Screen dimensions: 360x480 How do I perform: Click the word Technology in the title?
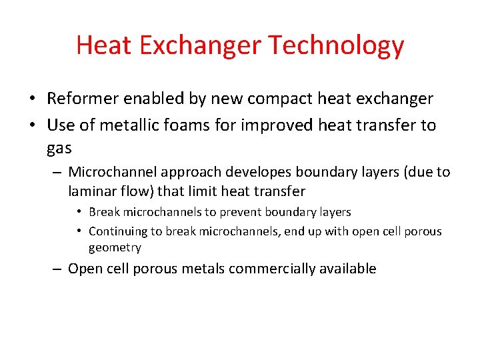[336, 46]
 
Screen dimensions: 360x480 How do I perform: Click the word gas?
[59, 149]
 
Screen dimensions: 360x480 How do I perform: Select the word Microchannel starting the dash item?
[111, 172]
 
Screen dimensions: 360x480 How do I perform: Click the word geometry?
[115, 248]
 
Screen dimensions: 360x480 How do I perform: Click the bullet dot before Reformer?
[32, 99]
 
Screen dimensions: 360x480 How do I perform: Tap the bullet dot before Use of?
[32, 126]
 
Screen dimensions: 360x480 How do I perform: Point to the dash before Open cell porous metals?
[57, 269]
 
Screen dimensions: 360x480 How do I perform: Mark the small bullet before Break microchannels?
[79, 213]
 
